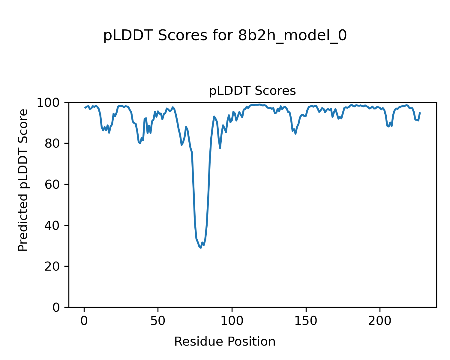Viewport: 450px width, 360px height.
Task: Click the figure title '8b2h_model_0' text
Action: click(292, 36)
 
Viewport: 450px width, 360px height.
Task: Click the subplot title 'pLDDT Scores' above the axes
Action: click(252, 91)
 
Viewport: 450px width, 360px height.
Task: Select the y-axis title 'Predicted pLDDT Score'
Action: click(23, 180)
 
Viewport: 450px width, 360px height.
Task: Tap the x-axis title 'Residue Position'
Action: click(225, 341)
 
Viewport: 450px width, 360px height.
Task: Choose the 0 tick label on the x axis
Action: click(84, 321)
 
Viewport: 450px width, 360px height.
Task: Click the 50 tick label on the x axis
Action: click(158, 321)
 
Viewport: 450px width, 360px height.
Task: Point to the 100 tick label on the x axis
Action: click(232, 321)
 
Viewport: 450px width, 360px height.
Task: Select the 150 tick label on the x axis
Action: click(306, 321)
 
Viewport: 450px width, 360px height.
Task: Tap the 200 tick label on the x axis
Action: click(380, 321)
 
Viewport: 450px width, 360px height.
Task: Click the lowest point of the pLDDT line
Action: click(201, 248)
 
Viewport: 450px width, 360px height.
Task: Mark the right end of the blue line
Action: click(420, 113)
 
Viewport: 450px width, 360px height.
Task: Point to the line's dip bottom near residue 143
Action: click(295, 133)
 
